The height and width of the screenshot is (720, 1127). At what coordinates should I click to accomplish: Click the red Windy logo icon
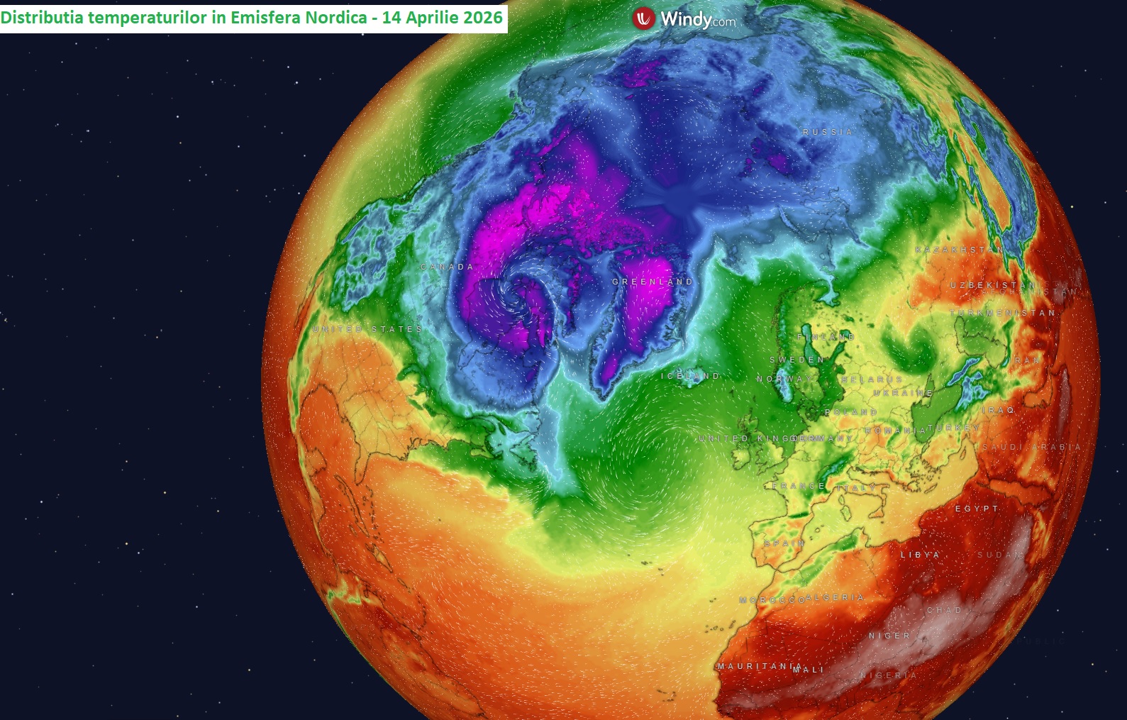(x=643, y=18)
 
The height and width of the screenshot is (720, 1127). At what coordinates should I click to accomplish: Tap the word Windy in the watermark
(x=686, y=19)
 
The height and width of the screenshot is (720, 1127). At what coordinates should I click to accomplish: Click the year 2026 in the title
(x=484, y=17)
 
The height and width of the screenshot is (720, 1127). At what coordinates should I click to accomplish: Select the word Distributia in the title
(x=41, y=17)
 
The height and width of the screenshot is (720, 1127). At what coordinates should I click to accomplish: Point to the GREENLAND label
(x=653, y=282)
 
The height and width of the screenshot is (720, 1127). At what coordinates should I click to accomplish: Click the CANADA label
(x=447, y=267)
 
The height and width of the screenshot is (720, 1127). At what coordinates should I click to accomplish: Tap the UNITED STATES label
(x=367, y=329)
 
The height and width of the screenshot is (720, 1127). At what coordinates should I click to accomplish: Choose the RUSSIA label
(x=828, y=132)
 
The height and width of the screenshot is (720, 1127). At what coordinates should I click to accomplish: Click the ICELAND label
(x=690, y=376)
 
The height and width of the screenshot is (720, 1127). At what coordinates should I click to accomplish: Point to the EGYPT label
(x=977, y=509)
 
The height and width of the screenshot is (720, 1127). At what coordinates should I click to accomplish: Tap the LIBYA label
(x=920, y=555)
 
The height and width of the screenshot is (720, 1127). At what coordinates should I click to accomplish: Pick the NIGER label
(x=889, y=636)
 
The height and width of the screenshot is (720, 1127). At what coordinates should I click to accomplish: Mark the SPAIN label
(x=784, y=543)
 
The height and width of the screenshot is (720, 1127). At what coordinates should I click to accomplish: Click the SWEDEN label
(x=797, y=360)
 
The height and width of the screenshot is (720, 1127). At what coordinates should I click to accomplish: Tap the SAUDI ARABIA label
(x=1031, y=447)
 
